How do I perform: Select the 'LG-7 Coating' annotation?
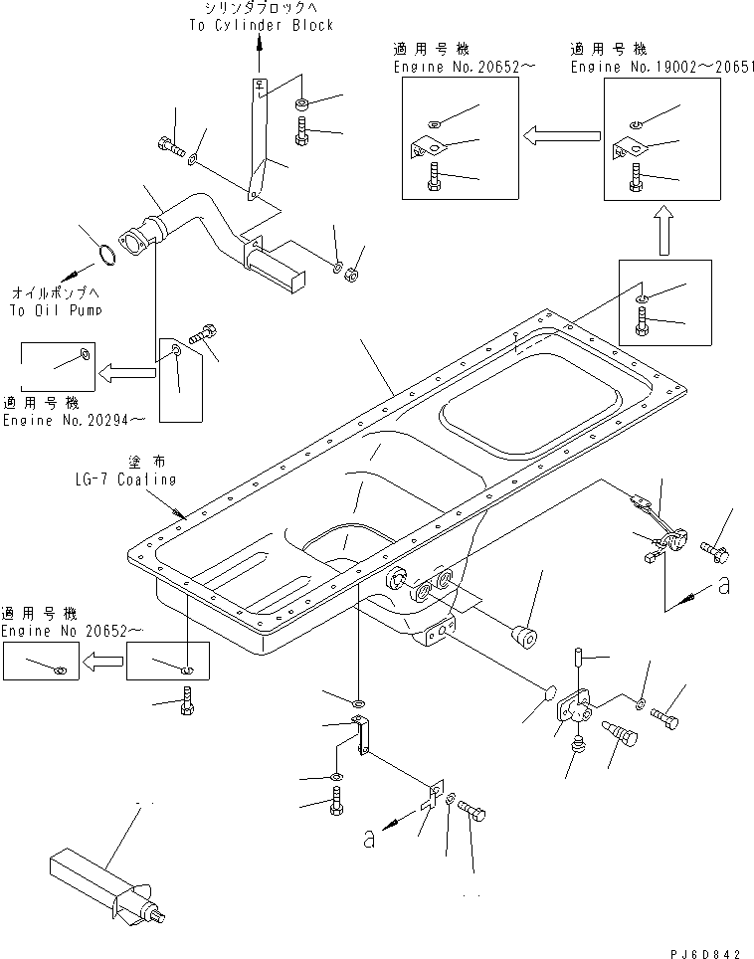(x=122, y=479)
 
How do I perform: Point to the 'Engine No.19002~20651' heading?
(x=661, y=67)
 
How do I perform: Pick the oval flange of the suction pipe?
(x=132, y=246)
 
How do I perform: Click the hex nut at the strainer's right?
(x=350, y=273)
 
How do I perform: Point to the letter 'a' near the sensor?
(x=723, y=586)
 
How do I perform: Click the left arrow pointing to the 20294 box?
(x=125, y=373)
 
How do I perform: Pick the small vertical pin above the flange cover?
(x=578, y=659)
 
